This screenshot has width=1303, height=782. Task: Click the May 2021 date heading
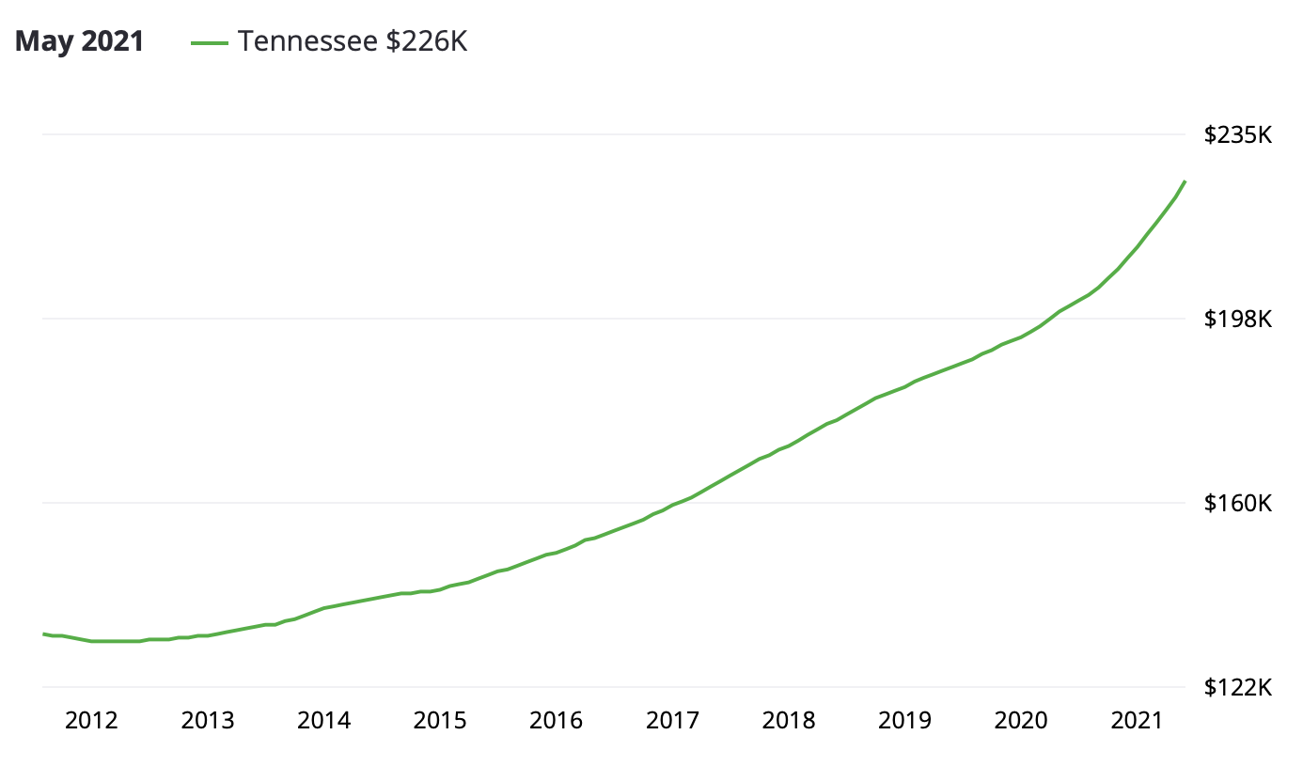pos(80,42)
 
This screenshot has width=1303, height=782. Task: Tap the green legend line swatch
pos(209,42)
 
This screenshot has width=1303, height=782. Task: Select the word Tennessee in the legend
pos(308,42)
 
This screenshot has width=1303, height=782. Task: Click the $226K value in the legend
pos(427,42)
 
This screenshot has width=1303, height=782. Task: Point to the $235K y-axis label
pos(1238,135)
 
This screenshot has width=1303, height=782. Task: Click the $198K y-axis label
pos(1238,320)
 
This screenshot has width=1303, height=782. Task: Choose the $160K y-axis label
pos(1238,504)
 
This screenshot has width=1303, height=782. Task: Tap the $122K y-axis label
pos(1238,688)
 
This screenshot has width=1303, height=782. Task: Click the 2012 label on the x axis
pos(91,721)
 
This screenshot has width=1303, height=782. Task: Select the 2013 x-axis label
pos(208,721)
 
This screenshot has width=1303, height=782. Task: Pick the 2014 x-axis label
pos(324,721)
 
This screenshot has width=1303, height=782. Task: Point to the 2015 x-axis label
pos(440,721)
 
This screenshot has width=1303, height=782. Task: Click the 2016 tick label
pos(557,721)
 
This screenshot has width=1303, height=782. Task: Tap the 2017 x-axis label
pos(673,721)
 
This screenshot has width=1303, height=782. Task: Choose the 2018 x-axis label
pos(789,721)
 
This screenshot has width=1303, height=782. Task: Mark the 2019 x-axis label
pos(905,721)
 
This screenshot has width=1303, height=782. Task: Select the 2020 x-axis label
pos(1021,721)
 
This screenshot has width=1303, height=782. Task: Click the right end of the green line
pos(1185,181)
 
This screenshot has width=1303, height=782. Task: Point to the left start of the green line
pos(44,634)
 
